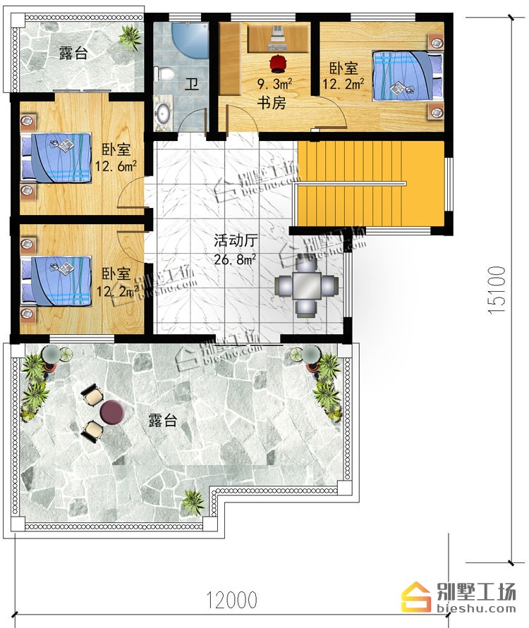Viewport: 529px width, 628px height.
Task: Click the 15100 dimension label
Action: pyautogui.click(x=497, y=290)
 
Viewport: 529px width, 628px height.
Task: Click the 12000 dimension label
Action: pyautogui.click(x=231, y=600)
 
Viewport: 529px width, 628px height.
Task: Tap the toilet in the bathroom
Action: pyautogui.click(x=164, y=73)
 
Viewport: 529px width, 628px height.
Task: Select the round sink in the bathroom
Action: pyautogui.click(x=163, y=113)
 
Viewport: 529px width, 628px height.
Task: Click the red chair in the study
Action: pyautogui.click(x=277, y=64)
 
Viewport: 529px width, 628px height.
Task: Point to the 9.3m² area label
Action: pyautogui.click(x=274, y=84)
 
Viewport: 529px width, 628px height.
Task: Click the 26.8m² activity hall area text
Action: pyautogui.click(x=235, y=259)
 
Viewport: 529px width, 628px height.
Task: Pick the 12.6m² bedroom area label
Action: pyautogui.click(x=116, y=166)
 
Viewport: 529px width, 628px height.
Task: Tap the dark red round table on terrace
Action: pyautogui.click(x=112, y=412)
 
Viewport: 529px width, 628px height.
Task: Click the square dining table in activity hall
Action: pyautogui.click(x=306, y=285)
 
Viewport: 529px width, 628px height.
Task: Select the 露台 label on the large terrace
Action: pyautogui.click(x=163, y=421)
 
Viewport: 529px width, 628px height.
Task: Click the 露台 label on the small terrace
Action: pyautogui.click(x=73, y=53)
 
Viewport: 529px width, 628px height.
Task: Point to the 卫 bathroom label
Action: pyautogui.click(x=192, y=85)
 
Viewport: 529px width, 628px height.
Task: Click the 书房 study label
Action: pyautogui.click(x=272, y=103)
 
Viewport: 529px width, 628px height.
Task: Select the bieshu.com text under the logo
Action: pyautogui.click(x=475, y=609)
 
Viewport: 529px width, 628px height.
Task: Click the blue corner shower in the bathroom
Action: pyautogui.click(x=190, y=40)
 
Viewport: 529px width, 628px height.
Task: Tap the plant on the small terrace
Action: pyautogui.click(x=130, y=37)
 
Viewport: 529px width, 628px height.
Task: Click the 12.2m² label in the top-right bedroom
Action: pyautogui.click(x=343, y=84)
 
